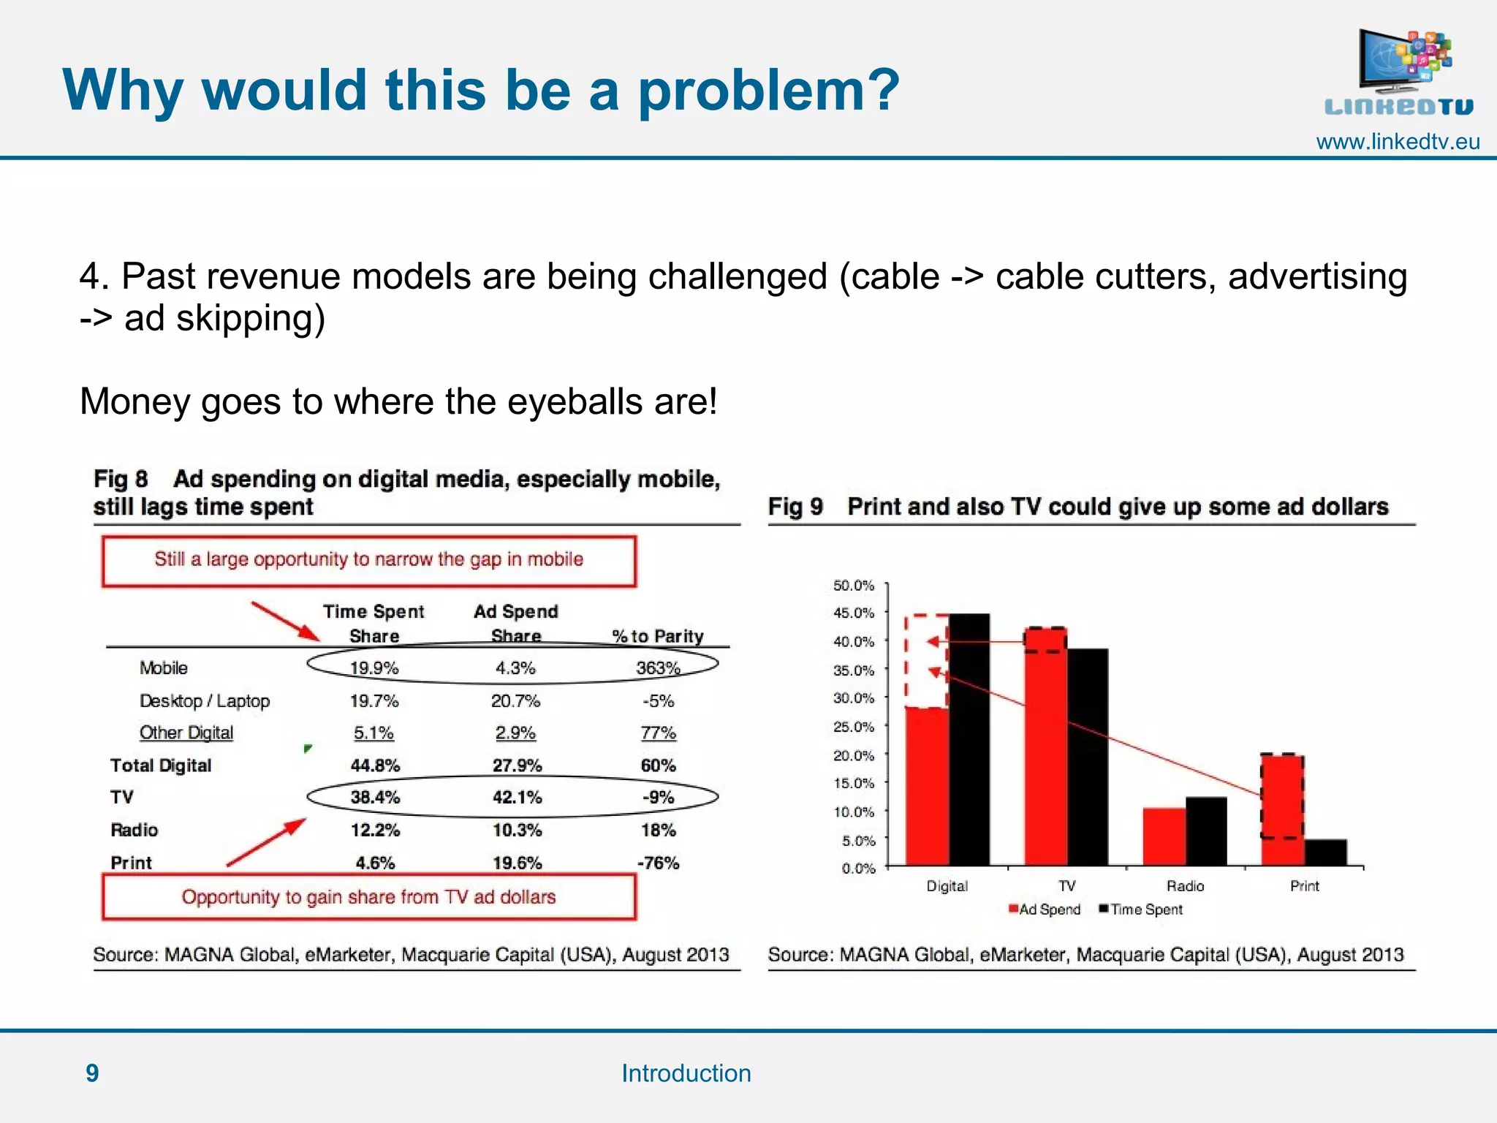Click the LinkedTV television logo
coord(1398,72)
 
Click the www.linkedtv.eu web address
coord(1397,142)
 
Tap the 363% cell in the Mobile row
coord(658,668)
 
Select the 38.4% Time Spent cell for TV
coord(374,797)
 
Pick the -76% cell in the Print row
coord(658,863)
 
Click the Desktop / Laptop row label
coord(205,700)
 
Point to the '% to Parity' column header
coord(657,636)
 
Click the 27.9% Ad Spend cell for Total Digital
coord(517,765)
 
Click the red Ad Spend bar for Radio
coord(1164,837)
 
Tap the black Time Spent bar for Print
coord(1325,852)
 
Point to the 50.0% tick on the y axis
coord(854,586)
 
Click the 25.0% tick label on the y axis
coord(854,727)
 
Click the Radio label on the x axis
coord(1185,886)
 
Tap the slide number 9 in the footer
coord(92,1073)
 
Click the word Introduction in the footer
coord(686,1073)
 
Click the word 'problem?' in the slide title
coord(768,91)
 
